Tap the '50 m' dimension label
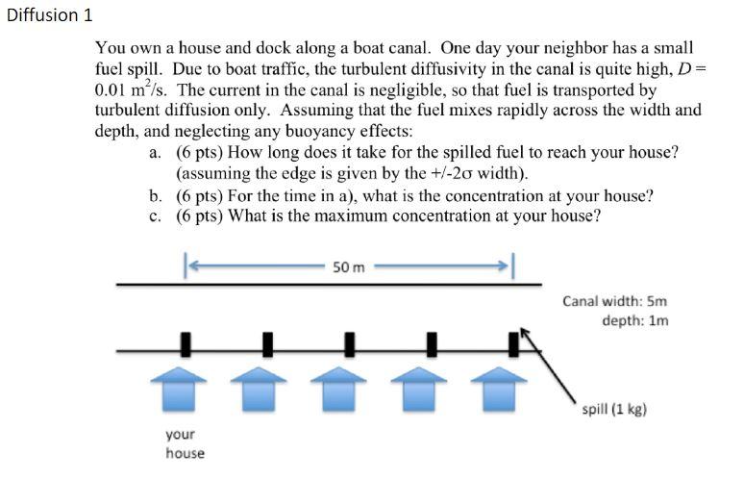pos(348,265)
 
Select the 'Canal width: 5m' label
pos(614,301)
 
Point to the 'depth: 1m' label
pos(634,320)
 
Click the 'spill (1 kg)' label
pos(614,409)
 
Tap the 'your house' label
pos(185,444)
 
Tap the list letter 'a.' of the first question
pos(155,152)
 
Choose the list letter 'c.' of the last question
pos(155,215)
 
